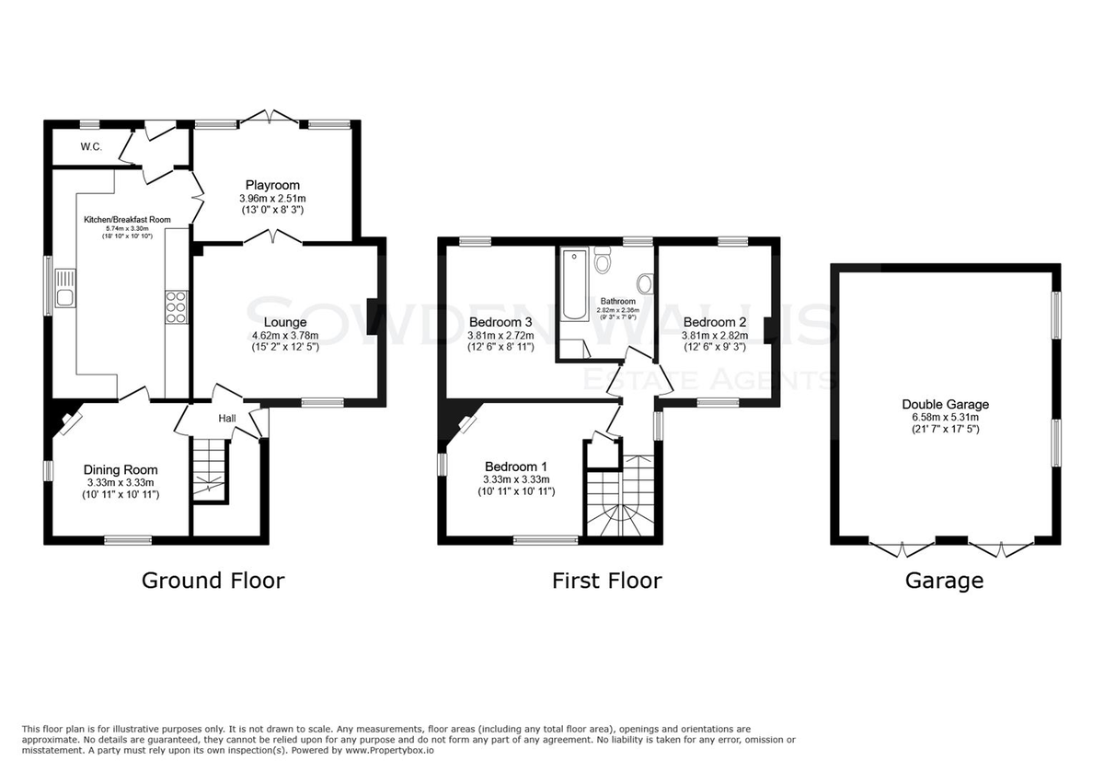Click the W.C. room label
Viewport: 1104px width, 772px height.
point(91,146)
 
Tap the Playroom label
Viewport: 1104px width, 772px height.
point(272,185)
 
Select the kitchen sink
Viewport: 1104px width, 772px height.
point(65,288)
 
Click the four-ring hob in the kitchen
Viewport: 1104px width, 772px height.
point(177,306)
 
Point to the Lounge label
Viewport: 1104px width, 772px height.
point(285,322)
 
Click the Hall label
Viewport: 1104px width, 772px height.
point(227,418)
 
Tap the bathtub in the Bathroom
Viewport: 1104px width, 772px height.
point(575,285)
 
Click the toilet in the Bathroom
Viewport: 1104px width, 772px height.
point(603,259)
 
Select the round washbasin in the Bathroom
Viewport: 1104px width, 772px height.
point(645,284)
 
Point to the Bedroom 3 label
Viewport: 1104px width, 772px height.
point(500,322)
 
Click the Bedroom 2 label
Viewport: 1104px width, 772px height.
point(715,322)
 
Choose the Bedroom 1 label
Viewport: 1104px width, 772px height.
point(516,467)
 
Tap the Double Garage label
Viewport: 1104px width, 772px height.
point(946,404)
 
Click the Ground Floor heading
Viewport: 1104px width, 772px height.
point(213,581)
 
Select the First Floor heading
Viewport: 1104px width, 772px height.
point(606,581)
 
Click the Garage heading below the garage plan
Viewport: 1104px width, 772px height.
point(944,581)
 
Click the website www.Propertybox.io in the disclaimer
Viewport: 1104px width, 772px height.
point(389,750)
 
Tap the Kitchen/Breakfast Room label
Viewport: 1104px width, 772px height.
point(127,220)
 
